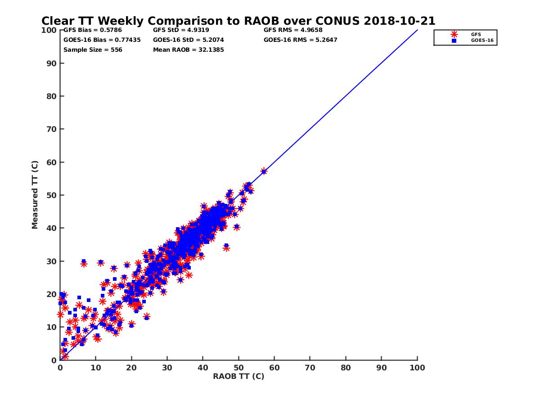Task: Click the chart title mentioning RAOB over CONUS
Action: point(238,21)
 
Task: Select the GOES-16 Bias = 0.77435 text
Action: point(102,40)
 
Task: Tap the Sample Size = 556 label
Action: point(93,50)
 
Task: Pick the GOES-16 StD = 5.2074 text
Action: point(189,40)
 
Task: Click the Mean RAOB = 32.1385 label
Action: point(189,50)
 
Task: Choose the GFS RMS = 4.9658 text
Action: point(293,30)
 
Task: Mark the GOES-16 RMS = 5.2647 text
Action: point(301,40)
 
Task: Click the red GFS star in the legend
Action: point(454,34)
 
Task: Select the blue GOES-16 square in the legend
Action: point(454,40)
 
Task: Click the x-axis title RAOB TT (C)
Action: point(238,377)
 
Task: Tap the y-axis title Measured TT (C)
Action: point(35,195)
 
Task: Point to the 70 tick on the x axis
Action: point(310,368)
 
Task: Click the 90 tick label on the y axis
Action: point(51,63)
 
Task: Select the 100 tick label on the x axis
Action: point(418,368)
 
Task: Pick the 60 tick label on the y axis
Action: point(51,162)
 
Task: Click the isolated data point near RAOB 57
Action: point(264,171)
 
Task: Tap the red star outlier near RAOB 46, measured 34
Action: point(226,247)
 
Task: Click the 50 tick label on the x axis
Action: point(238,368)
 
